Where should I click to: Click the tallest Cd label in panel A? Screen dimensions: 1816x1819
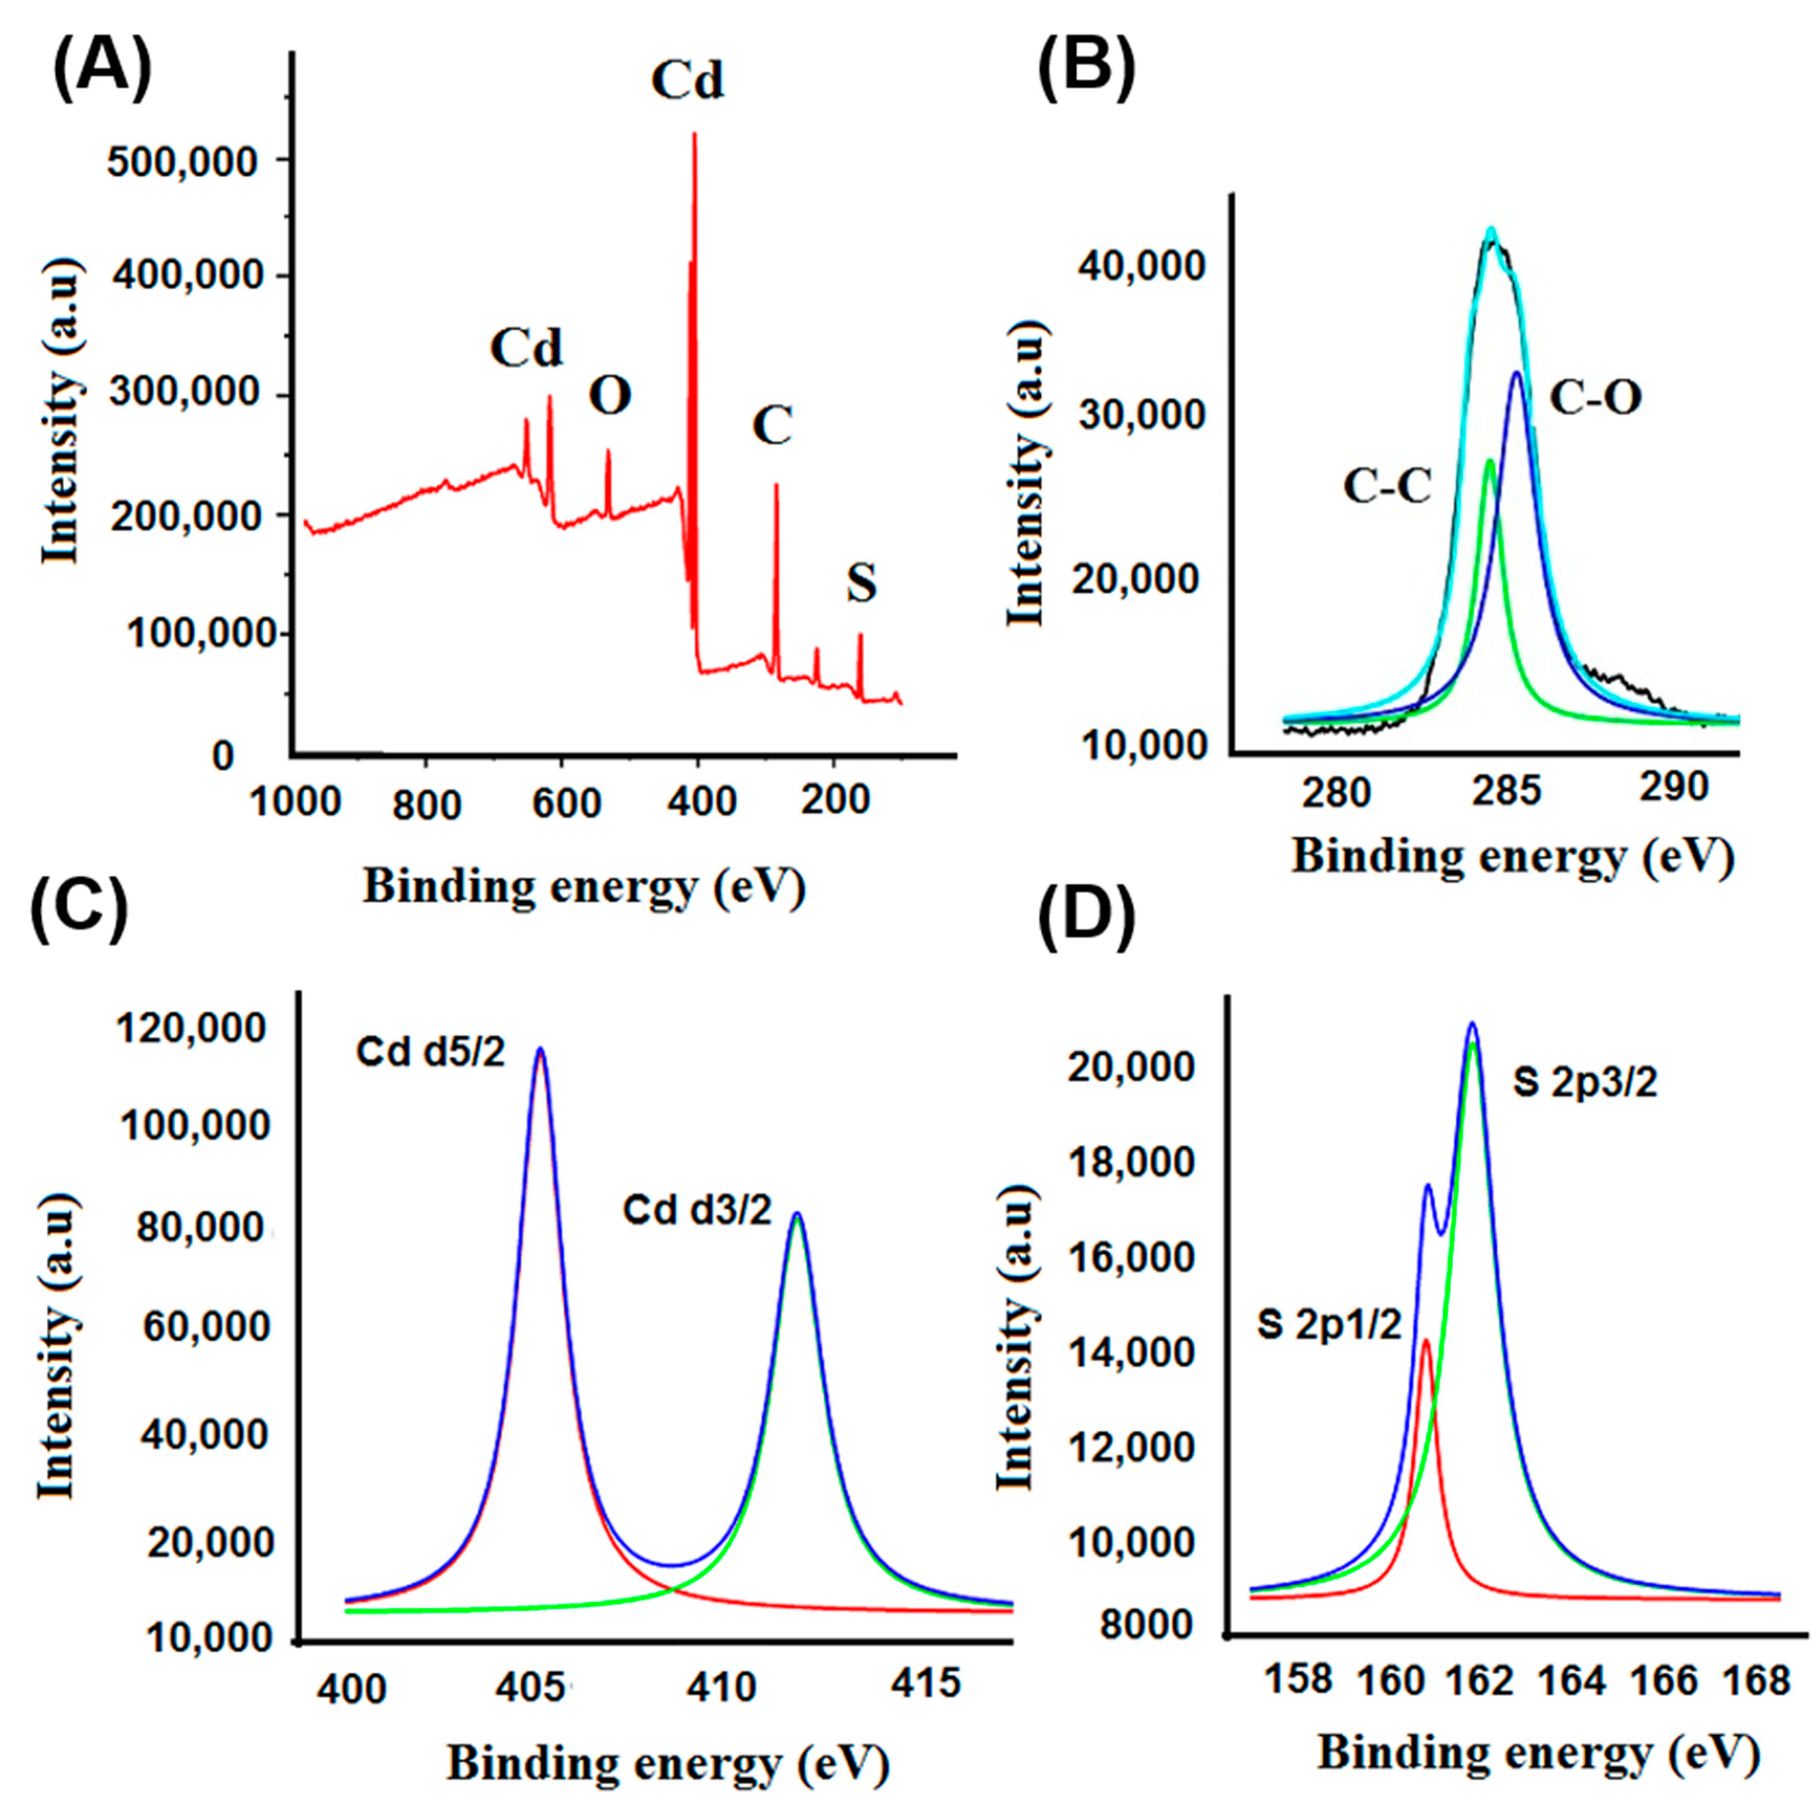click(x=688, y=80)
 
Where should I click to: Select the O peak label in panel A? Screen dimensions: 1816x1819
click(x=610, y=396)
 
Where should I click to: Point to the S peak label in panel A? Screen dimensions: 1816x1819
click(x=861, y=584)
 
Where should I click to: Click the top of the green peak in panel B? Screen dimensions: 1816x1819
click(x=1489, y=461)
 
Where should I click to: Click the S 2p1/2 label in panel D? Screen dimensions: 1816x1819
click(x=1329, y=1326)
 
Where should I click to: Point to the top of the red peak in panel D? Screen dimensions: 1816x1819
click(x=1425, y=1340)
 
